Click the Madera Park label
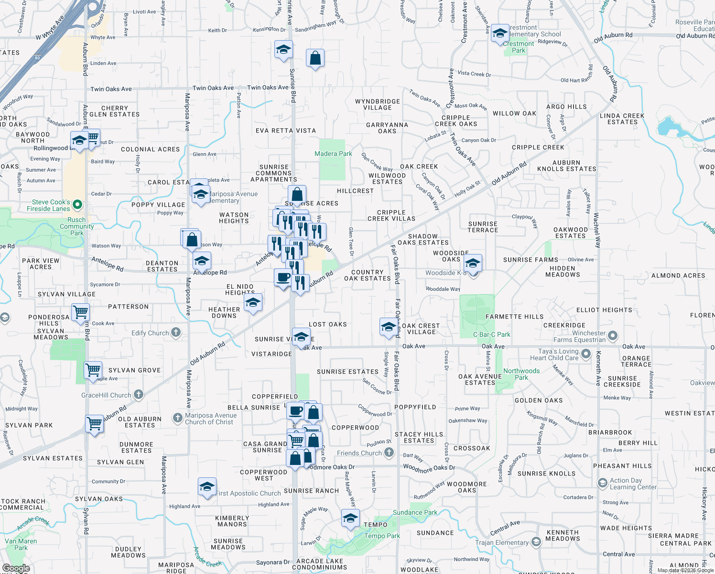pyautogui.click(x=333, y=154)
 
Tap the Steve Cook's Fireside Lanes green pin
pyautogui.click(x=77, y=205)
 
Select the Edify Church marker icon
pyautogui.click(x=176, y=332)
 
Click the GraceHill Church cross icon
pyautogui.click(x=139, y=395)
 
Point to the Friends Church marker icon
pyautogui.click(x=389, y=452)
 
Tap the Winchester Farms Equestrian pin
pyautogui.click(x=613, y=336)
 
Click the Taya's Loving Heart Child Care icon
pyautogui.click(x=586, y=355)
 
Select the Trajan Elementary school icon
pyautogui.click(x=536, y=542)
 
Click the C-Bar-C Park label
pyautogui.click(x=491, y=334)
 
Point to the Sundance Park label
pyautogui.click(x=415, y=512)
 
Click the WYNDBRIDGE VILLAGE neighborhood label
pyautogui.click(x=378, y=104)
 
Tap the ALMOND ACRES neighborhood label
pyautogui.click(x=678, y=276)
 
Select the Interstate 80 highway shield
pyautogui.click(x=38, y=58)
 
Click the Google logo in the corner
pyautogui.click(x=16, y=568)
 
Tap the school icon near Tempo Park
pyautogui.click(x=350, y=518)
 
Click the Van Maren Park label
pyautogui.click(x=21, y=544)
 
